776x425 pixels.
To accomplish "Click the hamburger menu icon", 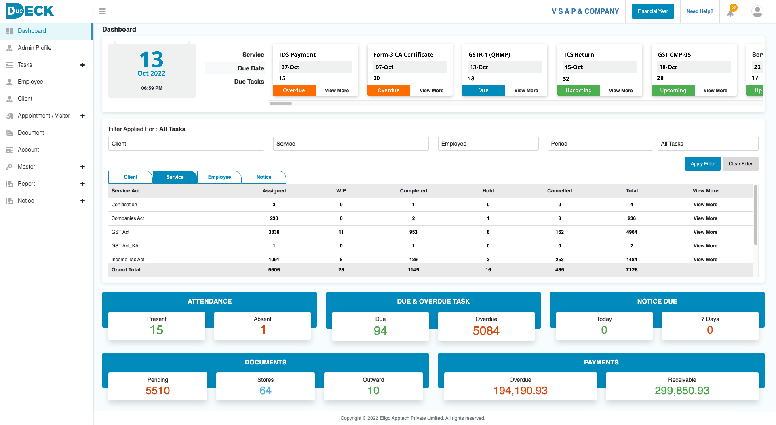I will click(x=102, y=11).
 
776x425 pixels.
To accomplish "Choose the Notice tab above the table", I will click(x=264, y=177).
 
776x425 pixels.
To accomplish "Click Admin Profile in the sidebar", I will click(x=34, y=48).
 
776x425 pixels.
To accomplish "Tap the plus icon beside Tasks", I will click(x=83, y=65).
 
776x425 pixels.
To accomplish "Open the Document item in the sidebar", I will click(x=31, y=133).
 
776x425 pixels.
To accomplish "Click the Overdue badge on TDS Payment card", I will click(x=294, y=90).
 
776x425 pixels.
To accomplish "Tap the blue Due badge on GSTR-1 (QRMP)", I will click(x=483, y=90).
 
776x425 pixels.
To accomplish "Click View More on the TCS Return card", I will click(x=621, y=90).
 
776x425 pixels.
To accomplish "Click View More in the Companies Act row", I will click(x=705, y=218).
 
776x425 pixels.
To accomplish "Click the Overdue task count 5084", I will click(x=486, y=331).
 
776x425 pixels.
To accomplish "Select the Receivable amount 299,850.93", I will click(x=682, y=391).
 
